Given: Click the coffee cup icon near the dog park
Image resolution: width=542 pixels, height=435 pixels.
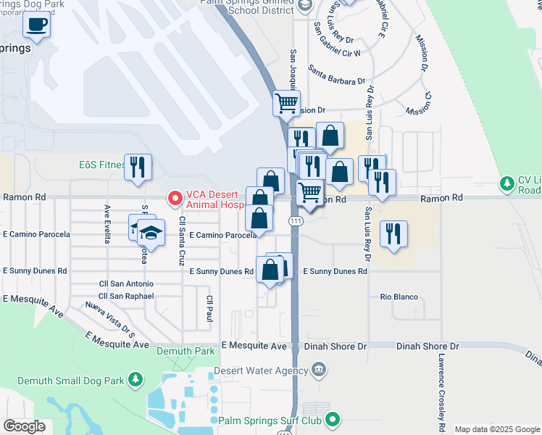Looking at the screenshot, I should (36, 25).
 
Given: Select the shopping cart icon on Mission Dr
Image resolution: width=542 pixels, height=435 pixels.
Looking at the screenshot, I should (286, 103).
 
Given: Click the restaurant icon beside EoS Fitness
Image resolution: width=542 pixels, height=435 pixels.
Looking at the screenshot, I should (137, 167).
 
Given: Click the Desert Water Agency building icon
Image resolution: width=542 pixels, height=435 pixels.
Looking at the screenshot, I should (318, 371).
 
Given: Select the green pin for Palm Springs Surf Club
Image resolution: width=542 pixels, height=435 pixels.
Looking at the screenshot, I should (333, 420).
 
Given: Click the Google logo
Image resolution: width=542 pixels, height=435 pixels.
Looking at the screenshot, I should (24, 426).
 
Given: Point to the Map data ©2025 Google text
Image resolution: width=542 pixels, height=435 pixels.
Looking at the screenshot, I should (497, 429).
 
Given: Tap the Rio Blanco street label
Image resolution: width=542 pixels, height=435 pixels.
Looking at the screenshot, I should (396, 297).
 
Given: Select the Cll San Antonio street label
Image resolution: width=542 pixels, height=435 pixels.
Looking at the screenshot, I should (126, 284).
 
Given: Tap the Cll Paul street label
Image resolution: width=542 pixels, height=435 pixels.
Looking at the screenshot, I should (210, 307).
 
